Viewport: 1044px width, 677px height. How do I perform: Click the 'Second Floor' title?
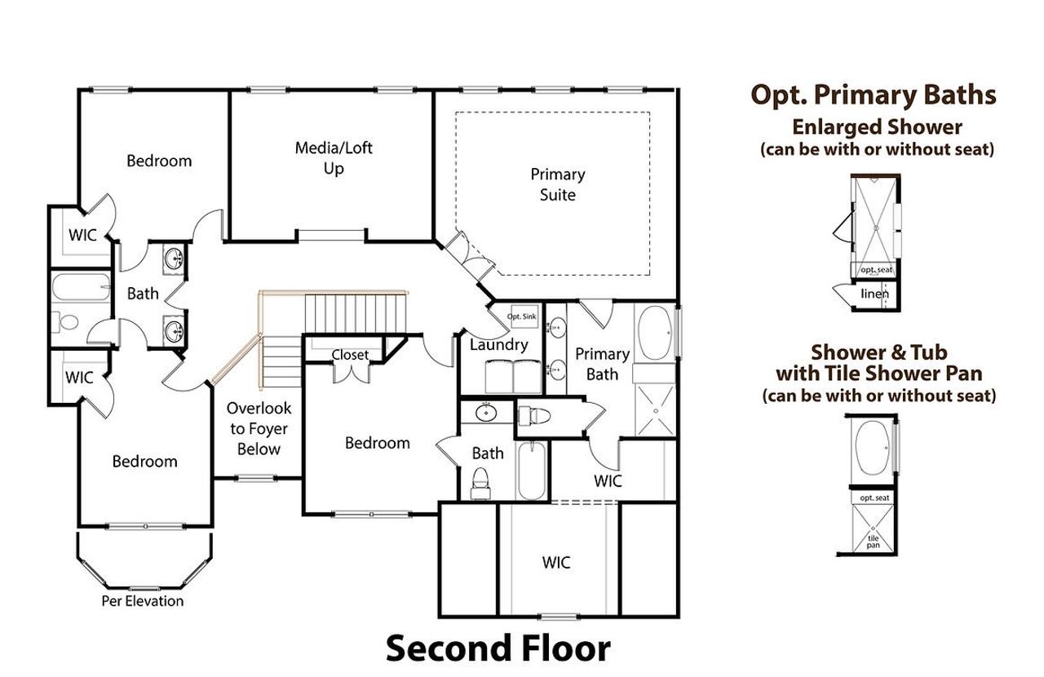click(498, 649)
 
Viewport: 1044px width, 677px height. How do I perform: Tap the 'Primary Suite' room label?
click(558, 184)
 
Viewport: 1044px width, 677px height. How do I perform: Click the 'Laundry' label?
click(498, 345)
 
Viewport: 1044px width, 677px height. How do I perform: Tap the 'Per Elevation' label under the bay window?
click(143, 601)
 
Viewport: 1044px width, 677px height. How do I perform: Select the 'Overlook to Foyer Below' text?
click(259, 428)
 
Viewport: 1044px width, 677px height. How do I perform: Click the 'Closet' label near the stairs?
click(349, 355)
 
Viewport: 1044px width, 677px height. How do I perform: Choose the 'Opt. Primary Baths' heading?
click(874, 95)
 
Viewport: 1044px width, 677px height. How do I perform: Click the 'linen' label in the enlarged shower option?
click(874, 294)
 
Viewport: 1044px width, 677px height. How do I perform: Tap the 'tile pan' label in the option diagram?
click(874, 541)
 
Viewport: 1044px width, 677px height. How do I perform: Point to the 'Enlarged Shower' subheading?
click(877, 127)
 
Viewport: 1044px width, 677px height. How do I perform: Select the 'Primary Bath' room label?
click(603, 364)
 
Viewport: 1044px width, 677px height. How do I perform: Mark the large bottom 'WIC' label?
click(556, 562)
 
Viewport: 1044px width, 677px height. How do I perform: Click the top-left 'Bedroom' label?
click(159, 161)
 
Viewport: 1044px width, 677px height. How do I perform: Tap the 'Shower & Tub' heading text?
click(878, 352)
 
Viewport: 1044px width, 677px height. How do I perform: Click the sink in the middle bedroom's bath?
click(487, 414)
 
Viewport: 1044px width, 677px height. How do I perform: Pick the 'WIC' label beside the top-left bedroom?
click(82, 235)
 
